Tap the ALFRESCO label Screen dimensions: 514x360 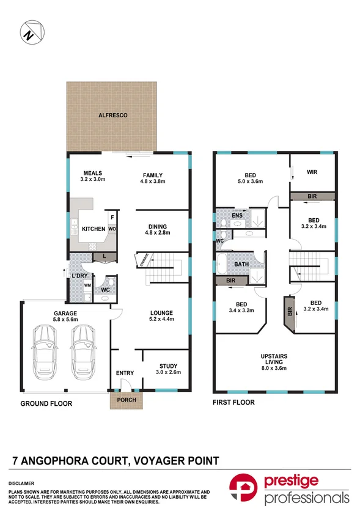click(111, 115)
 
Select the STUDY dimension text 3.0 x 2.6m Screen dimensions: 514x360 click(165, 372)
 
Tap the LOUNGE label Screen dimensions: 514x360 click(162, 313)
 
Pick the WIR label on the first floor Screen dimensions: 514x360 click(312, 173)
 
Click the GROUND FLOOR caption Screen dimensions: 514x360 click(46, 403)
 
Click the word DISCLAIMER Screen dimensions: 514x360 click(21, 482)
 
